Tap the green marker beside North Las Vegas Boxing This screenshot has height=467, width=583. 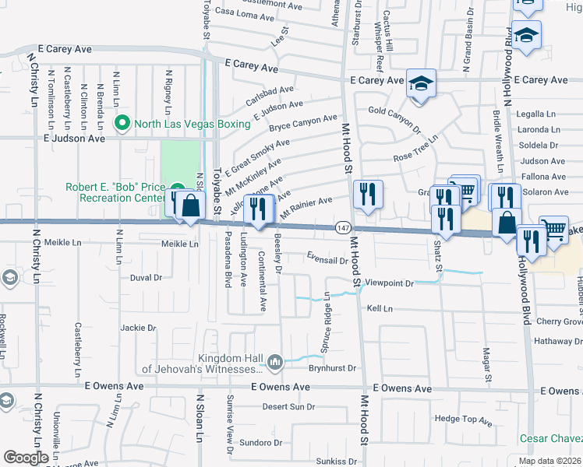point(122,123)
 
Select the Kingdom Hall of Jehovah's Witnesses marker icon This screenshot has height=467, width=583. point(274,361)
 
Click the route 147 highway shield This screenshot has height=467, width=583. point(343,227)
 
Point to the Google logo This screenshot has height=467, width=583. point(26,458)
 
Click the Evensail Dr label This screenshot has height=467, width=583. point(332,258)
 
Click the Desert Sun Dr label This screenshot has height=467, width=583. point(288,407)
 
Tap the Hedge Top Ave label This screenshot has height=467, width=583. point(463,420)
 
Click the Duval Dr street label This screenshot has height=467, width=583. point(145,277)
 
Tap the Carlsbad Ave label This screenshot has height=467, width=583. point(269,97)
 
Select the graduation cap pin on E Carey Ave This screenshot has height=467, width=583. point(421,84)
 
